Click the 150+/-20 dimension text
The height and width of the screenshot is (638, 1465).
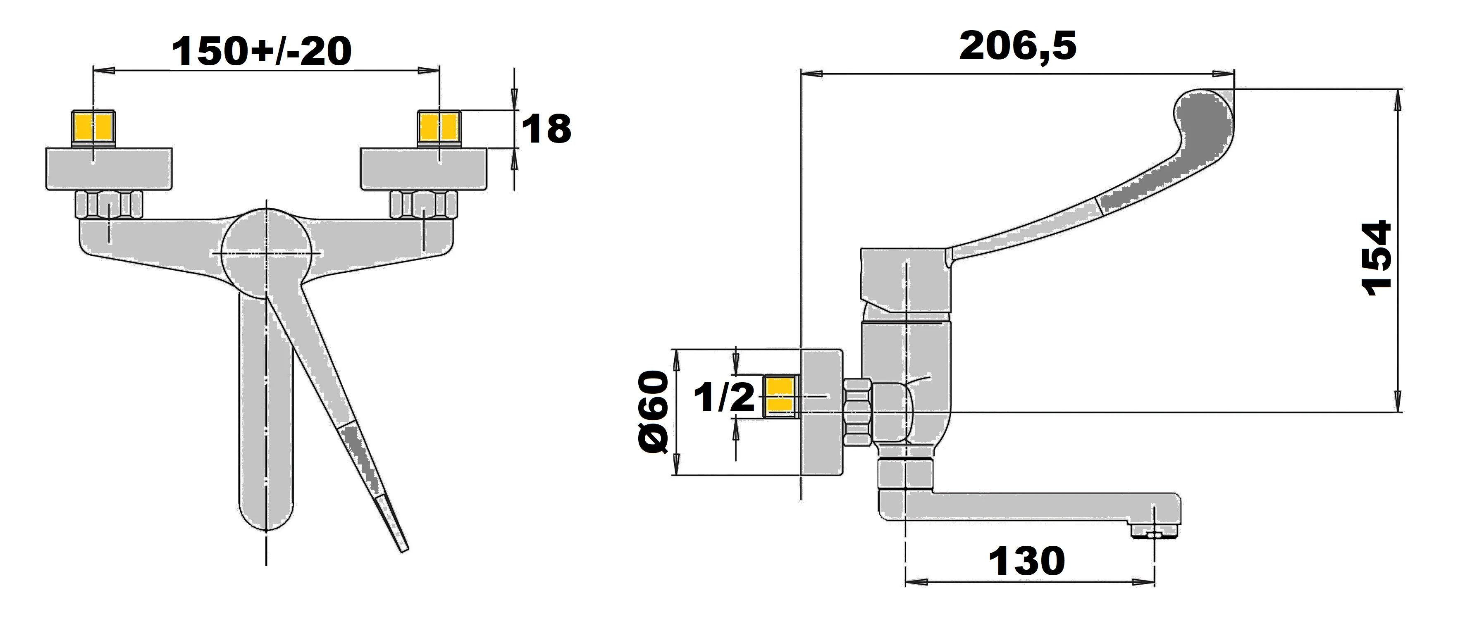pos(262,51)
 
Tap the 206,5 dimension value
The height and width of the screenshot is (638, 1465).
pos(1017,47)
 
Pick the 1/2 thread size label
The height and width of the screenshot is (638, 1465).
pos(723,398)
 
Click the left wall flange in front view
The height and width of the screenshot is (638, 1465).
pos(108,169)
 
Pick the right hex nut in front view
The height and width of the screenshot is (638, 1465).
pos(424,205)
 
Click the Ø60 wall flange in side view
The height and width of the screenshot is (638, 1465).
pos(822,412)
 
